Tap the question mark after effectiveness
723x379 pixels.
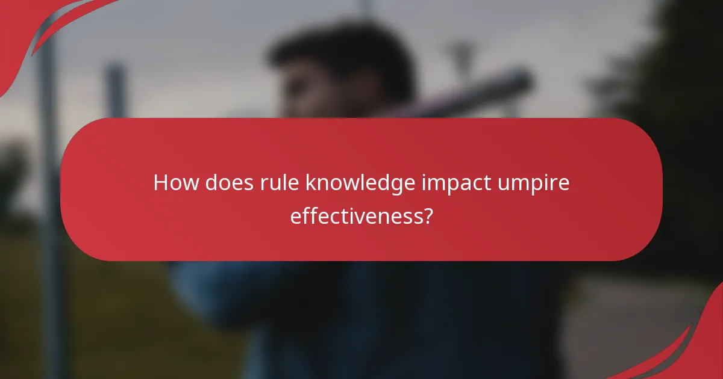428,215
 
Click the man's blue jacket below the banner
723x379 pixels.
361,313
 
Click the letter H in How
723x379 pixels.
160,183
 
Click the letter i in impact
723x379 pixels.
423,183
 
